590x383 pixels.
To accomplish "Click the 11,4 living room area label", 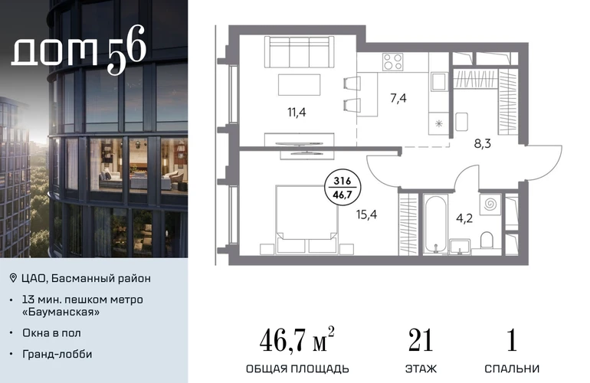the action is [297, 112].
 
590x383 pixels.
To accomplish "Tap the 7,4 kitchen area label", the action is [398, 98].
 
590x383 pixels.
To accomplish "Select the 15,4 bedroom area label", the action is [366, 214].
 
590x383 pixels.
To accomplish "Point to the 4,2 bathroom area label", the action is [464, 218].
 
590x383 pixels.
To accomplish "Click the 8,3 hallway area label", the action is [483, 143].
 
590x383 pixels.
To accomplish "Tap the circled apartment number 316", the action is [342, 181].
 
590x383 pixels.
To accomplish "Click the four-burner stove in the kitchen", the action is [393, 62].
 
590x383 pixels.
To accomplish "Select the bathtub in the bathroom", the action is [435, 224].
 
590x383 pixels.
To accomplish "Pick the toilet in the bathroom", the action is [487, 240].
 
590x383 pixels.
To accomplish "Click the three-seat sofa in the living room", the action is [299, 51].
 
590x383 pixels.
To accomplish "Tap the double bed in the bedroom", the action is [306, 220].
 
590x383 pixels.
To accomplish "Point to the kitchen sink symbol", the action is [439, 82].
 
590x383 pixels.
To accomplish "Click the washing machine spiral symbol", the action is [490, 205].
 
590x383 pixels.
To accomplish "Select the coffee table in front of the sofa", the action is [299, 85].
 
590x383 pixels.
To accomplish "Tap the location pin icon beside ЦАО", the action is [13, 278].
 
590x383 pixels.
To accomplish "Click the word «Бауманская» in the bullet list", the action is [61, 312].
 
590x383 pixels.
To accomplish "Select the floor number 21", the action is [421, 340].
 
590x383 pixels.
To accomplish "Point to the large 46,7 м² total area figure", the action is [297, 339].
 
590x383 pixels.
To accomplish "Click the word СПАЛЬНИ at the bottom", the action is [512, 368].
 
